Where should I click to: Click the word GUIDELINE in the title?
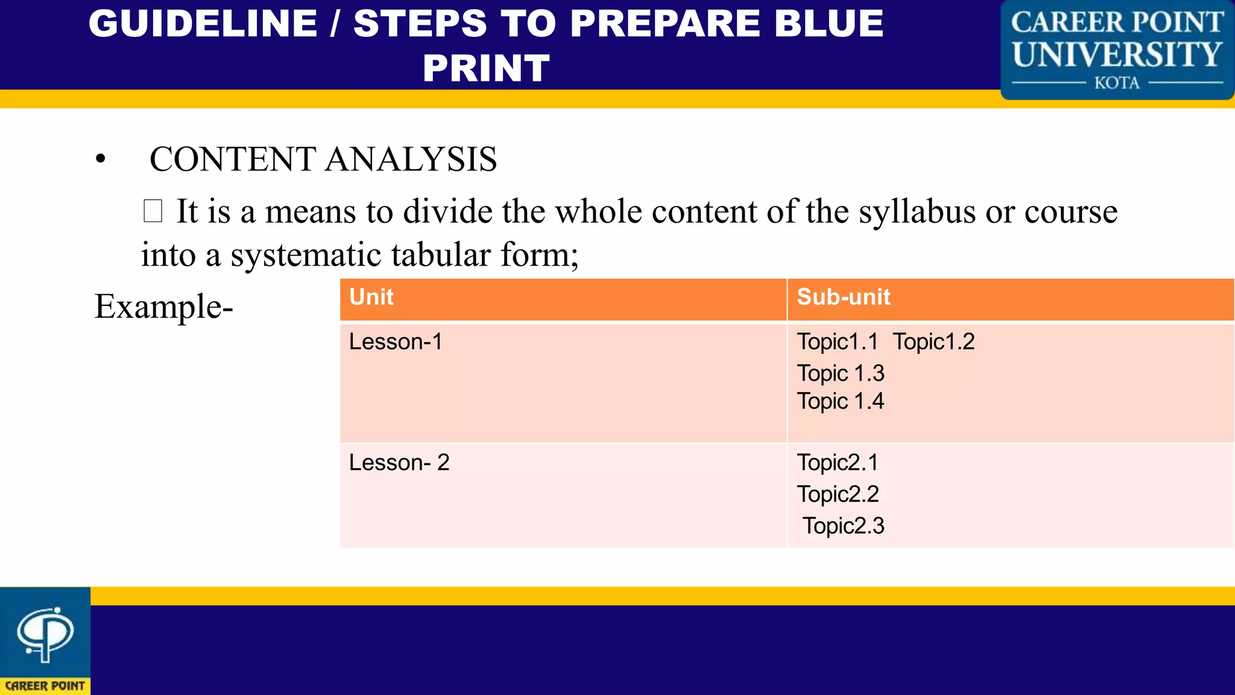(203, 24)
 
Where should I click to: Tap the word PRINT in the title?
(486, 68)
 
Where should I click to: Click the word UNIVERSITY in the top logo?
(1117, 54)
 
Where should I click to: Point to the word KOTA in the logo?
(1117, 83)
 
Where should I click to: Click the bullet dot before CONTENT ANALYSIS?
(101, 159)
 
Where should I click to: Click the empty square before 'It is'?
(153, 211)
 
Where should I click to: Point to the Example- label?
(163, 306)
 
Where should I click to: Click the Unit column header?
(371, 297)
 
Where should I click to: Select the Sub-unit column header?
(843, 297)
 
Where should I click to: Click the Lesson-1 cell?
(396, 342)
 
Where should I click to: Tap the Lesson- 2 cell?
(399, 463)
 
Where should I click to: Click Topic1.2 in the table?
(933, 342)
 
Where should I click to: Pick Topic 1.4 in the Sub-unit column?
(840, 401)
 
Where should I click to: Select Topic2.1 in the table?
(838, 463)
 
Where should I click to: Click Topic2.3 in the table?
(843, 526)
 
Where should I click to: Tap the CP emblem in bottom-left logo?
(45, 633)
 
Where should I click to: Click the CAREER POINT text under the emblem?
(45, 686)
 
